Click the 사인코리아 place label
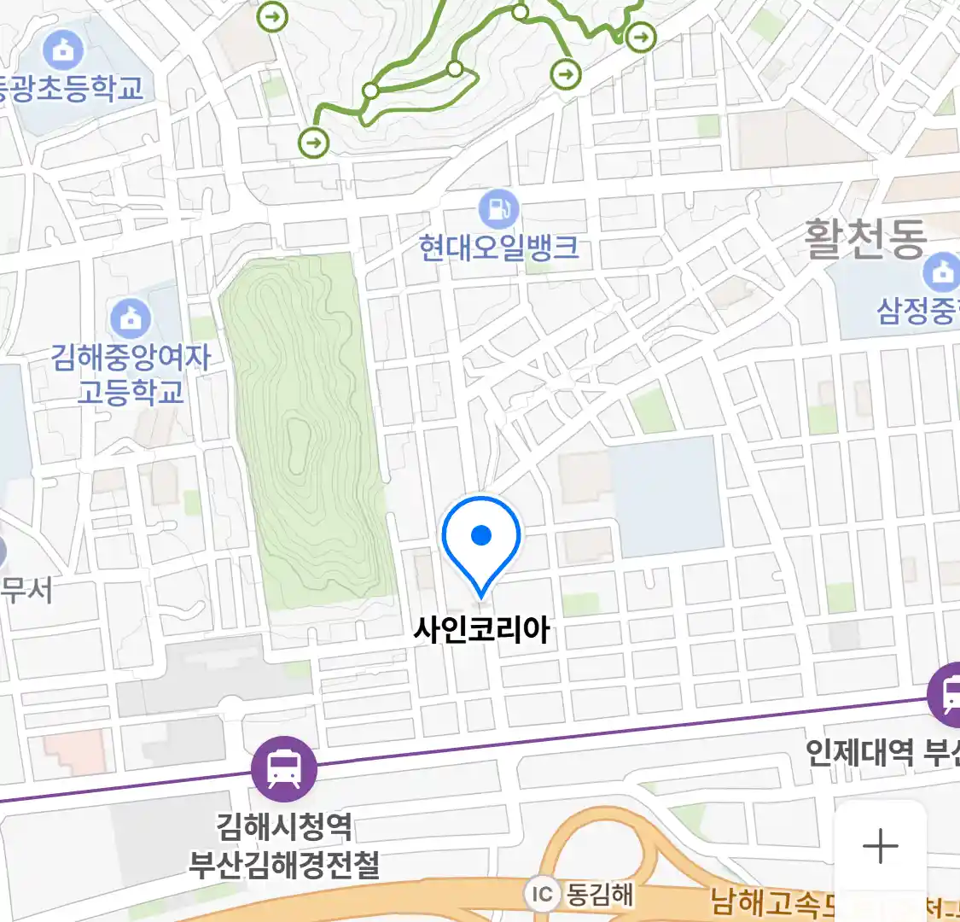coord(481,630)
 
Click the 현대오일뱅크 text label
coord(498,248)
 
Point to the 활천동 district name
coord(865,239)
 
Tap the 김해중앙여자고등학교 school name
coord(131,374)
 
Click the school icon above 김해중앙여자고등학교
coord(131,319)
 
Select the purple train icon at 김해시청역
coord(284,768)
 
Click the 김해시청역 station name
coord(284,826)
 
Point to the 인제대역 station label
coord(860,752)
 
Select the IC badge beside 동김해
coord(542,894)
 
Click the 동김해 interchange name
coord(601,894)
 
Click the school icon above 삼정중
coord(941,272)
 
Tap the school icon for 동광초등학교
coord(62,51)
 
